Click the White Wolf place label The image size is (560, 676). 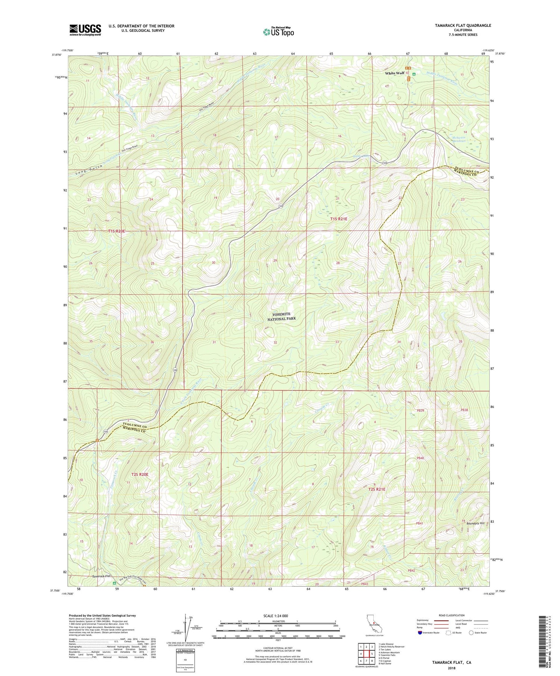(395, 73)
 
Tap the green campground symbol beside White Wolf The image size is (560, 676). (414, 74)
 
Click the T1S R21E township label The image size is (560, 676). (339, 219)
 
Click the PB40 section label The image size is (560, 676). (420, 458)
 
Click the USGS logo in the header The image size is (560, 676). (85, 29)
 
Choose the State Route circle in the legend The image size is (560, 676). (472, 632)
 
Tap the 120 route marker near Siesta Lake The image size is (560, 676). (384, 163)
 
